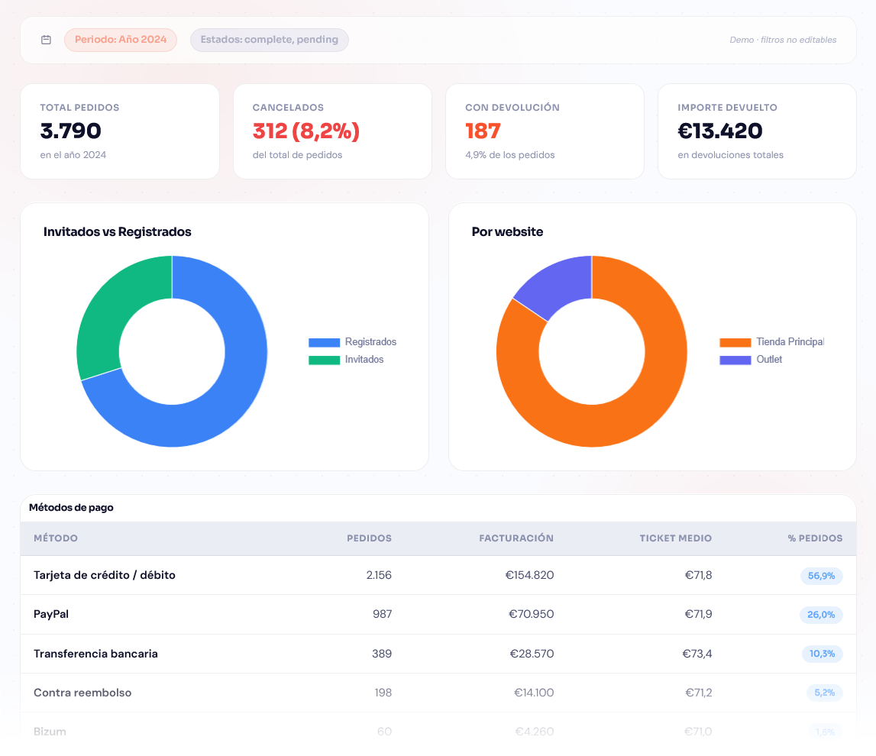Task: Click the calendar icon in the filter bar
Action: [46, 40]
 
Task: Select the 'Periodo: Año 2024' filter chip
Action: [121, 40]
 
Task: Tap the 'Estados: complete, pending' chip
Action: [269, 40]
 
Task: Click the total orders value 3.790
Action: [70, 131]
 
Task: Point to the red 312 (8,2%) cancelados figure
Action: [305, 131]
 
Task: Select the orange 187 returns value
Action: [483, 131]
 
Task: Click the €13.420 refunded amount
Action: [719, 131]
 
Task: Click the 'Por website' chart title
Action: [507, 232]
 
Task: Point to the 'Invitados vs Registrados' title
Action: [117, 232]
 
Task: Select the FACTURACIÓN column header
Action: [516, 538]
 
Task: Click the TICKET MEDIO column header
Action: [675, 538]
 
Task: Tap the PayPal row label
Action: [51, 614]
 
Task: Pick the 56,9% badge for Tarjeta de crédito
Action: [821, 576]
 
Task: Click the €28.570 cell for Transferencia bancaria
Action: [532, 654]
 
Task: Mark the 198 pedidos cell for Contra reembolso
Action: [383, 693]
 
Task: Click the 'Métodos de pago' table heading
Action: [71, 508]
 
